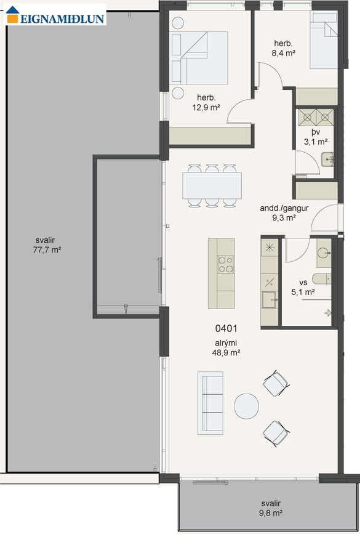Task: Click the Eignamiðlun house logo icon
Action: coord(12,15)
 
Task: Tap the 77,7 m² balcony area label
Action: coord(47,245)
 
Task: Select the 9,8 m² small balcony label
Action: coord(271,508)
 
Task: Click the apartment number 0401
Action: coord(226,329)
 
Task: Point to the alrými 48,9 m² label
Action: coord(226,348)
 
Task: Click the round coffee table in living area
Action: coord(246,407)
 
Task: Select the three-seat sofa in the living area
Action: coord(210,403)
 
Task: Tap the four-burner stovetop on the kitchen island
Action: coord(226,265)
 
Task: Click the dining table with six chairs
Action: coord(212,185)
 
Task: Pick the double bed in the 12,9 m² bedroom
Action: coord(199,57)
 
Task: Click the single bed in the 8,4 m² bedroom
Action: coord(324,41)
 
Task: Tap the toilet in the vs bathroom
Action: coord(322,278)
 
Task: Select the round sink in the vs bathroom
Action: coord(323,253)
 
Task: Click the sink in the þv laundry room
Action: coord(327,160)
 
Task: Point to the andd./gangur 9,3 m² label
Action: coord(284,213)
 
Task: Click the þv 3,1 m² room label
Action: coord(316,137)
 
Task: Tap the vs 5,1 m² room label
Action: coord(303,287)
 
